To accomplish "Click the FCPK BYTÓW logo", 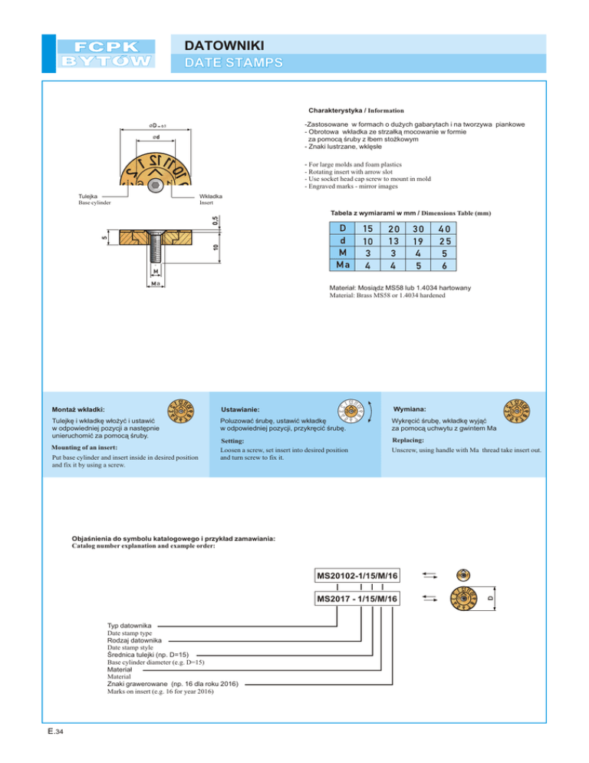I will [107, 53].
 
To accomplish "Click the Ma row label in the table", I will [342, 265].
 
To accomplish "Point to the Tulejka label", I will [89, 196].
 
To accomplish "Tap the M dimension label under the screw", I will [155, 272].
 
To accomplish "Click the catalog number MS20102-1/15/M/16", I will [358, 576].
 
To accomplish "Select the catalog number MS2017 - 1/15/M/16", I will [358, 598].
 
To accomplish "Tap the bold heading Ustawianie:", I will [240, 409].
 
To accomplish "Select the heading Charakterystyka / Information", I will [356, 111].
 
